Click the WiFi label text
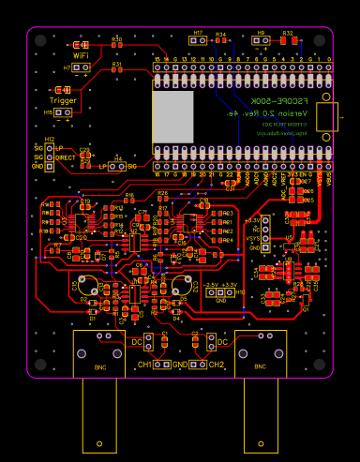81,55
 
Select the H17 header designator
198,34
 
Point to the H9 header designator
262,33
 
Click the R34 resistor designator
220,34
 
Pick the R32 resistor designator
288,33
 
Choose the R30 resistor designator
117,38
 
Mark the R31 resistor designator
117,63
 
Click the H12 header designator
50,140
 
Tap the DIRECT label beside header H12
65,157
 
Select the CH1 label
145,364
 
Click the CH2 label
217,364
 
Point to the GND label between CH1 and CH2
180,364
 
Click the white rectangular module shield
172,116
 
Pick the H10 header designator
241,291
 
